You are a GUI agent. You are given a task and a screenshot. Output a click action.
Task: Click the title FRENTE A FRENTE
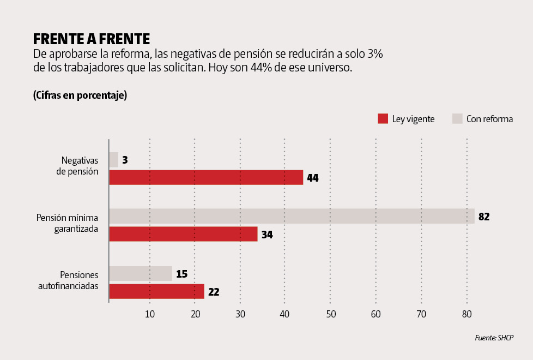(91, 39)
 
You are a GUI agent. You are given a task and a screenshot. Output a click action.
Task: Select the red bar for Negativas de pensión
(206, 177)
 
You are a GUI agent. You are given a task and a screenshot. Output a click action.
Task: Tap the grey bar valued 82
(292, 216)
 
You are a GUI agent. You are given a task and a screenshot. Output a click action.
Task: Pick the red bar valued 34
(183, 234)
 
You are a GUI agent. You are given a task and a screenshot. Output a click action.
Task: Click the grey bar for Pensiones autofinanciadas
(141, 273)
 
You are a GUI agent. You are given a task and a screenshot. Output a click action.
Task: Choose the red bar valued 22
(156, 291)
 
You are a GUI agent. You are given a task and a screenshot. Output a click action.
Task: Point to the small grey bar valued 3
(114, 160)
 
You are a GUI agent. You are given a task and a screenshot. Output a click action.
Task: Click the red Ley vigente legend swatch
(383, 119)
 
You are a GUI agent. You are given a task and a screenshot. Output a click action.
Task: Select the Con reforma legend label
(489, 119)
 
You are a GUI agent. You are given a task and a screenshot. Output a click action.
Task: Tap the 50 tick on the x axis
(331, 314)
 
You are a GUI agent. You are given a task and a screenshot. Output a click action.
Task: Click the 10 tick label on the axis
(150, 314)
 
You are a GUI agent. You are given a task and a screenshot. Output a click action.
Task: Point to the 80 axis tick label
(467, 314)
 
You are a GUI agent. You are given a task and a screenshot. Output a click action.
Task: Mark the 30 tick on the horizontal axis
(240, 314)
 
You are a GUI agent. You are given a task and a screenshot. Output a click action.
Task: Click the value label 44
(313, 178)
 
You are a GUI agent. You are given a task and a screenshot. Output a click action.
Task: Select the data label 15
(182, 274)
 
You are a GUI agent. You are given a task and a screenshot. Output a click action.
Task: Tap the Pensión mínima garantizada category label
(67, 223)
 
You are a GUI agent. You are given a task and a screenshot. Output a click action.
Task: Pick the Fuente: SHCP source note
(494, 338)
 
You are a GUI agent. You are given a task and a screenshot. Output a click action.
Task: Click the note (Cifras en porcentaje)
(80, 95)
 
